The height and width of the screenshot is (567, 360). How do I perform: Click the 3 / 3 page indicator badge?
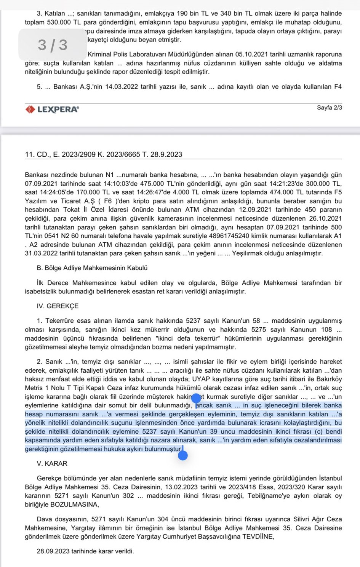coord(53,45)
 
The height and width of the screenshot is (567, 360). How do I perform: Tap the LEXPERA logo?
coord(52,109)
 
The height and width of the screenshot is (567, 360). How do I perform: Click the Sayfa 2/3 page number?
coord(329,108)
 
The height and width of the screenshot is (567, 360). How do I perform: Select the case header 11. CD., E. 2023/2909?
coord(103,154)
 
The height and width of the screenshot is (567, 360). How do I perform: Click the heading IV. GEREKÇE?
coord(58,306)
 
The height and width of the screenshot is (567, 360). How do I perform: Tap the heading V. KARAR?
coord(52,463)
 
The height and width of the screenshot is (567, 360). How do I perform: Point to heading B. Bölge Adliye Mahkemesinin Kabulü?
coord(92,268)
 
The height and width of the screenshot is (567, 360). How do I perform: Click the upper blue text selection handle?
coord(196,399)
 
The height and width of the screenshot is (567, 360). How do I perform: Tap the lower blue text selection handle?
coord(183,455)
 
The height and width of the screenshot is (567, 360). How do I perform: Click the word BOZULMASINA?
coord(74,505)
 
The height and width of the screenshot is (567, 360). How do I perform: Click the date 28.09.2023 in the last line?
coord(53,551)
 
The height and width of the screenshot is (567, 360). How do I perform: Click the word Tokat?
coord(71,210)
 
